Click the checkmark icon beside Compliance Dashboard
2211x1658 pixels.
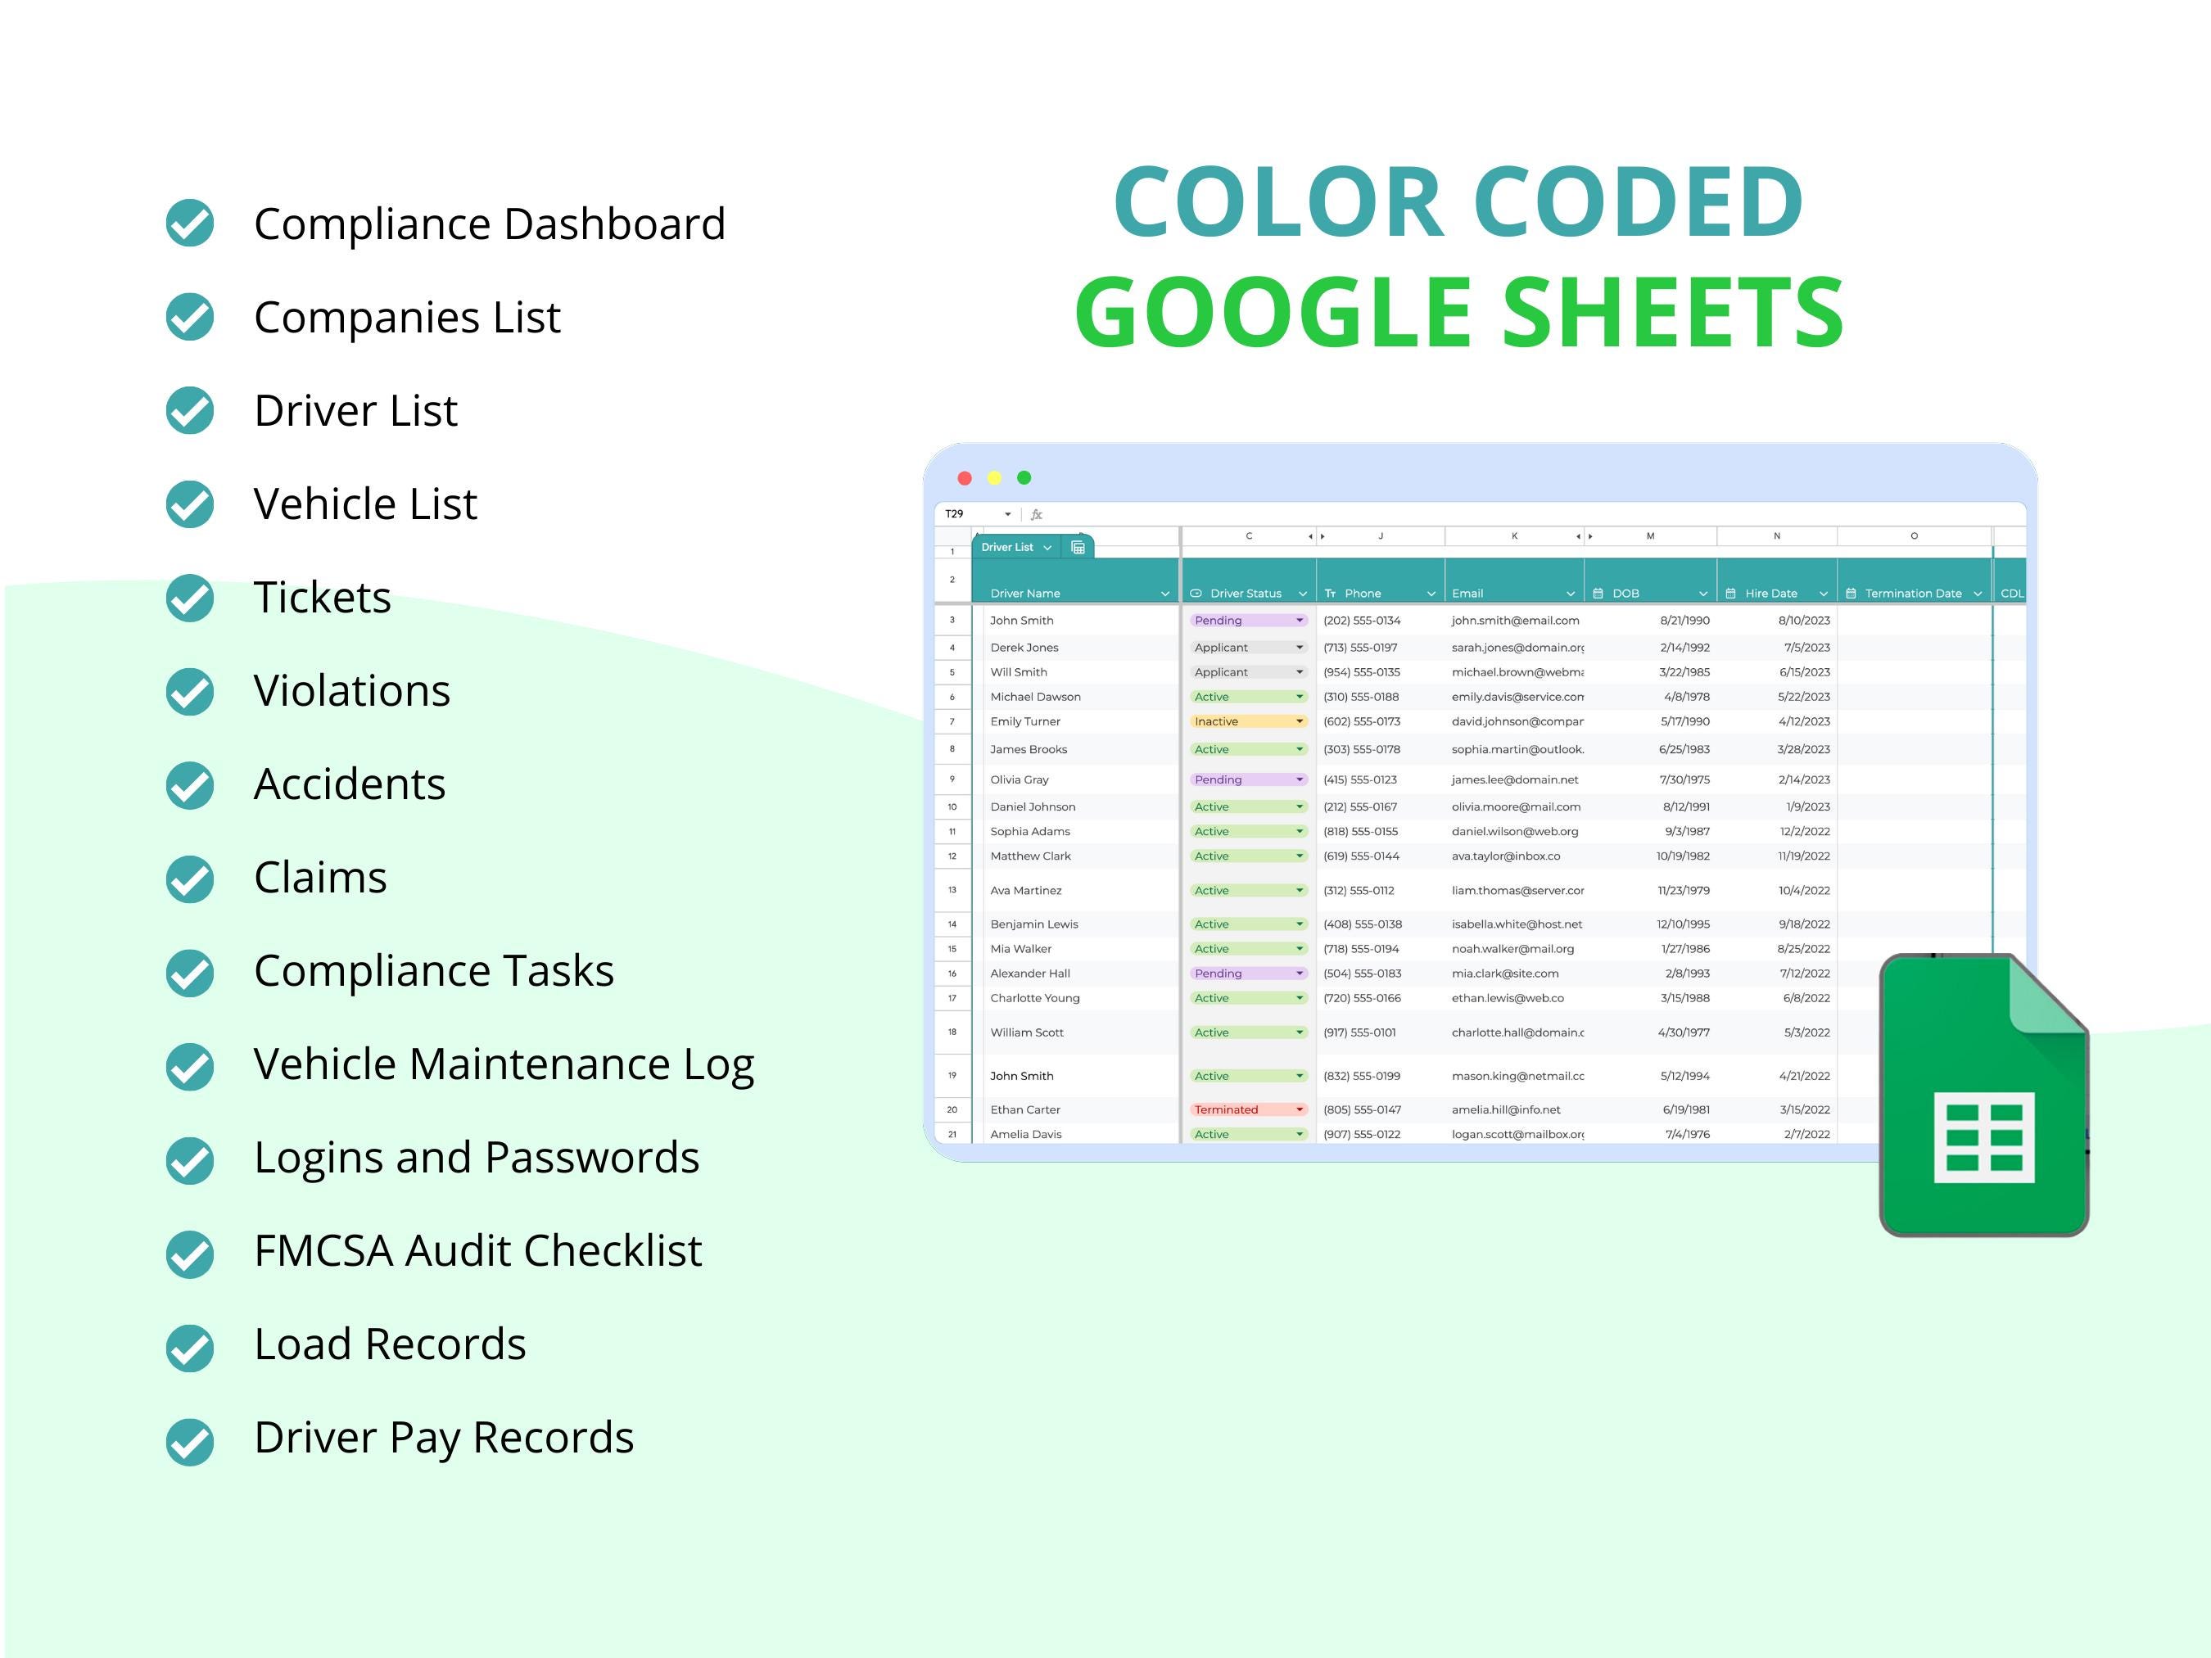click(x=190, y=223)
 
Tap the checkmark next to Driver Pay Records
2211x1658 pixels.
click(x=190, y=1441)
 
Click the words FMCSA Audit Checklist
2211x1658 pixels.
click(x=477, y=1250)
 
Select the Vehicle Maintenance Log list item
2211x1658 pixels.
click(x=504, y=1064)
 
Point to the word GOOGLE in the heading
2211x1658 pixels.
click(x=1273, y=313)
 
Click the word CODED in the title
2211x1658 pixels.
click(x=1639, y=202)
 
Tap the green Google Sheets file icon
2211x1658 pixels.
click(x=1983, y=1096)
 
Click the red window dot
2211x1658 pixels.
click(x=965, y=477)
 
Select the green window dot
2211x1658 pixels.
click(x=1024, y=477)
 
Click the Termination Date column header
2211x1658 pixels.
click(x=1912, y=594)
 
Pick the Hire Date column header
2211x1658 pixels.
click(x=1770, y=594)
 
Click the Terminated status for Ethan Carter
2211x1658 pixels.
click(x=1227, y=1109)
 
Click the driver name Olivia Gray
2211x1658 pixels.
click(x=1020, y=779)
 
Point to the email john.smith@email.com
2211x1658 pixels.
click(x=1515, y=621)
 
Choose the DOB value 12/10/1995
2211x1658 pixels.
click(x=1684, y=924)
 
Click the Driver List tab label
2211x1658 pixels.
click(x=1006, y=548)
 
